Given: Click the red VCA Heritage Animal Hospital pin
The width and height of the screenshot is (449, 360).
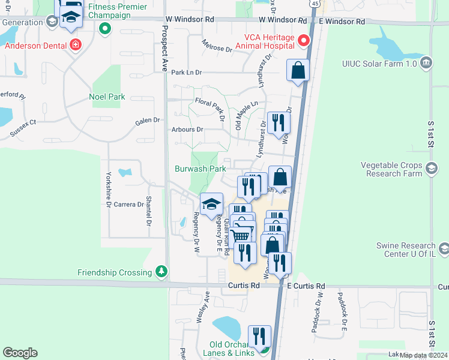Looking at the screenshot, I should pos(303,41).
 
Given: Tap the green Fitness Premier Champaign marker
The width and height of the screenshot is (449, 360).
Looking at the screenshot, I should pos(105,28).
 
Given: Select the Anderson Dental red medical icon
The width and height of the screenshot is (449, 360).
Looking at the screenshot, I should pos(75,44).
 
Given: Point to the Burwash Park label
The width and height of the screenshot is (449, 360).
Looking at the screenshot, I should pos(200,169).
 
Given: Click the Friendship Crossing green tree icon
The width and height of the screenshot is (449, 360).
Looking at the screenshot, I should pos(161,272).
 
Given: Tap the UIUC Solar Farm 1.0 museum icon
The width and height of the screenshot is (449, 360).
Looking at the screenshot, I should pos(426,62).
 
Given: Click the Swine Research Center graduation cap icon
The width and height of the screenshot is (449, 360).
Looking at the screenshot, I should pos(444,248).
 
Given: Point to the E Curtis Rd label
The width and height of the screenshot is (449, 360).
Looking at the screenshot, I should pos(306,286).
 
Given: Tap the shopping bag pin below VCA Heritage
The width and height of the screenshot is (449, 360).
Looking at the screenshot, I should pos(298,71).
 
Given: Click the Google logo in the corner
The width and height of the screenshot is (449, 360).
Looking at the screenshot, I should pos(20,353).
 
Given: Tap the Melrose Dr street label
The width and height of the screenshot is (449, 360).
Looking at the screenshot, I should pos(217,48).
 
